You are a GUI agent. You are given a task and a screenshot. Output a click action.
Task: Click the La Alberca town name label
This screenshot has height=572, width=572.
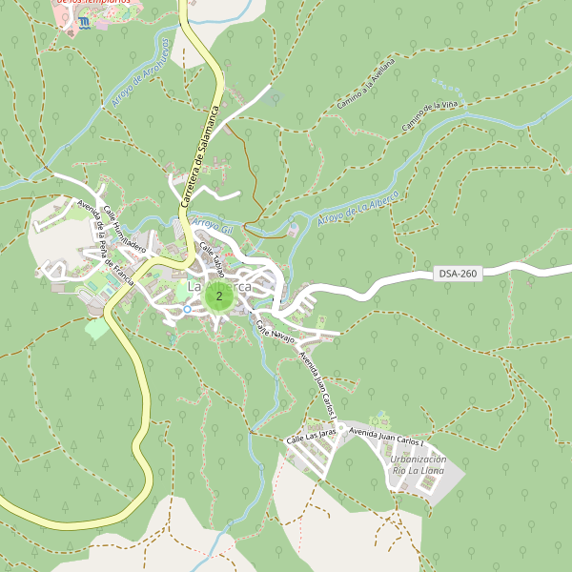[219, 286]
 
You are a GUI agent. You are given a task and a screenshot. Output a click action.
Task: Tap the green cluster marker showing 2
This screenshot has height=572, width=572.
[219, 297]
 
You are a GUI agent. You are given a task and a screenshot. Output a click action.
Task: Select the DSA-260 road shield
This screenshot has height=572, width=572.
[458, 274]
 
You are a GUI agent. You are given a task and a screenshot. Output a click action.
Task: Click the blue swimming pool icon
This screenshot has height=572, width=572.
[84, 21]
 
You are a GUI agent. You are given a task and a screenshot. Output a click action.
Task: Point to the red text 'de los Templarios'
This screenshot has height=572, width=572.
[93, 3]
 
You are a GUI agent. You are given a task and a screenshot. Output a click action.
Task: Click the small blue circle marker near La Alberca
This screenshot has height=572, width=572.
[187, 309]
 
